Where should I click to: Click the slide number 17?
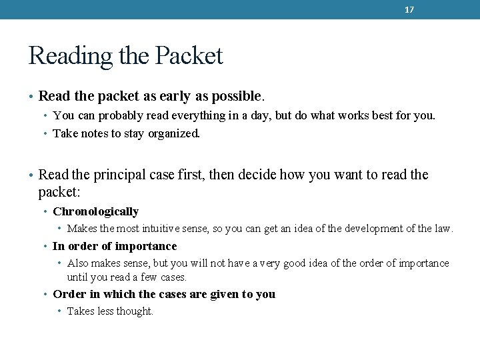(x=409, y=10)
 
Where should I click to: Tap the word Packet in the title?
(x=189, y=56)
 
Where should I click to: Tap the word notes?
(x=93, y=133)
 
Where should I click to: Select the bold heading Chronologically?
(x=95, y=212)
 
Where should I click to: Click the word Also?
(x=77, y=264)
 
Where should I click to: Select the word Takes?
(x=81, y=311)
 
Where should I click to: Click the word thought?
(x=136, y=311)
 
